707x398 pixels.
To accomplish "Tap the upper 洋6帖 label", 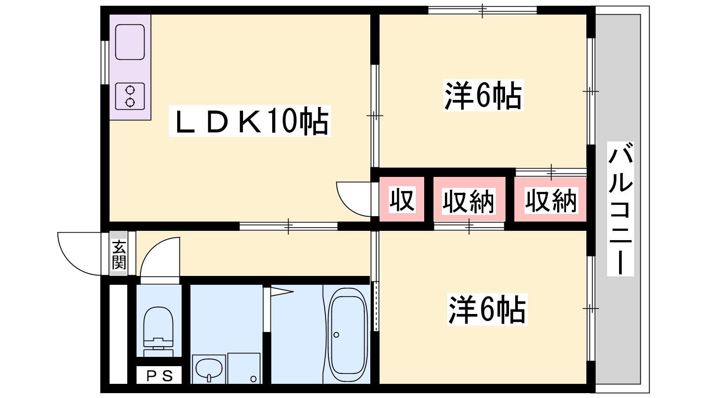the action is coord(483,95).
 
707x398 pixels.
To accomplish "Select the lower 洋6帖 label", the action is coord(487,310).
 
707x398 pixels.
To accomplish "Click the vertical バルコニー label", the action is coord(620,209).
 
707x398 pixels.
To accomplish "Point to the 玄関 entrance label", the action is coord(119,255).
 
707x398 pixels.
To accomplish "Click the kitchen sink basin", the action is coord(130,42).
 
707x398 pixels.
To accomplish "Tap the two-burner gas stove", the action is coord(130,96).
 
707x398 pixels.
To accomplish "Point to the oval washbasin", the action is coord(209,369).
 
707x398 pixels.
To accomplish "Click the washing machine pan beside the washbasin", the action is coord(244,368).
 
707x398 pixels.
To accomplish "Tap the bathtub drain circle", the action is coord(336,335).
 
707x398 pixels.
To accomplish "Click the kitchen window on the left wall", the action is coord(105,62).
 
